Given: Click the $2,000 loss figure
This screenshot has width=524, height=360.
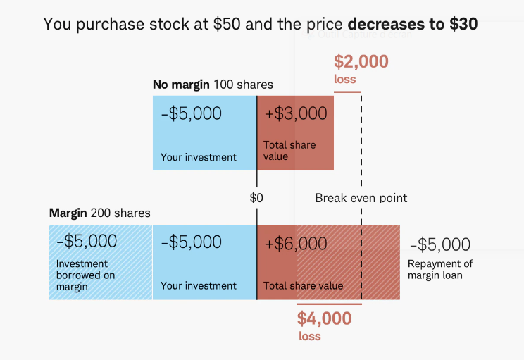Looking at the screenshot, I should tap(361, 62).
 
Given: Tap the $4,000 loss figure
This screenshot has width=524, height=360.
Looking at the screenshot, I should tap(324, 318).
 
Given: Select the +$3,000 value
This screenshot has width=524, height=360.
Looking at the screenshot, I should tap(296, 113).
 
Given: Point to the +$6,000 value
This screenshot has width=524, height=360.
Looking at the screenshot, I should tap(296, 244).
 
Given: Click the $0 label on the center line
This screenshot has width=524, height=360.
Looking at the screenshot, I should tap(256, 199).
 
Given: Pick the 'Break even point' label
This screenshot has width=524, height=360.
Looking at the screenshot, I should tap(361, 198).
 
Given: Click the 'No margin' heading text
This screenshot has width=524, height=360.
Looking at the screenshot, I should tap(181, 85).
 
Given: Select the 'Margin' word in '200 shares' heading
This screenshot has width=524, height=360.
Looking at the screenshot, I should tap(68, 213).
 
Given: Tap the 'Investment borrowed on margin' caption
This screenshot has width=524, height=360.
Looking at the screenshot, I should tap(85, 275).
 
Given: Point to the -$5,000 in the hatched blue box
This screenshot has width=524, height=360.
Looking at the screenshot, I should tap(87, 242).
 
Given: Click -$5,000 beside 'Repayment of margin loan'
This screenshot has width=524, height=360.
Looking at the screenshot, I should tap(440, 244).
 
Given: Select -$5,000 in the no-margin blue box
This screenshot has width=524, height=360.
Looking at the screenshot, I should tap(191, 113).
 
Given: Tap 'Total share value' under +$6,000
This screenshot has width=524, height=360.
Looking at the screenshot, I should tap(304, 286).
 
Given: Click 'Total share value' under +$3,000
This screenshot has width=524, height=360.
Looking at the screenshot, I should tap(289, 151).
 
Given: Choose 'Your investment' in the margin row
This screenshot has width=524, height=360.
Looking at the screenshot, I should tap(199, 286).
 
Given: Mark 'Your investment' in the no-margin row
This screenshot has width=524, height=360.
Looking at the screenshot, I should tap(199, 157).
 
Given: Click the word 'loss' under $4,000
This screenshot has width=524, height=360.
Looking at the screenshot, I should tap(309, 336).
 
